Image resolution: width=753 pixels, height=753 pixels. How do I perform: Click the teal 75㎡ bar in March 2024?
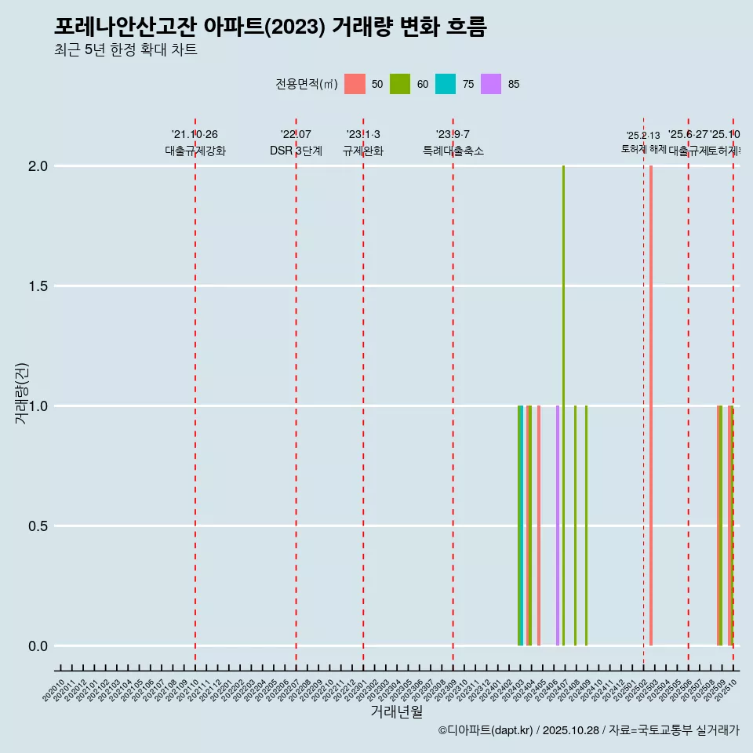tap(522, 526)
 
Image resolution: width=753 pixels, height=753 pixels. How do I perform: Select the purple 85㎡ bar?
tap(558, 526)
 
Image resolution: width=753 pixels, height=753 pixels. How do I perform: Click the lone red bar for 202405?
tap(539, 526)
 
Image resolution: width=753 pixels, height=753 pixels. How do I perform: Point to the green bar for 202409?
tap(586, 526)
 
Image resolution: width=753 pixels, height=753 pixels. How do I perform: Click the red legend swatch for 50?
tap(355, 84)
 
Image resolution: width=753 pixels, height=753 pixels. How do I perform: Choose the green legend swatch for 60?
tap(400, 84)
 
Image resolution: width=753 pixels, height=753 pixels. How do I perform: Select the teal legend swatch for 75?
tap(446, 84)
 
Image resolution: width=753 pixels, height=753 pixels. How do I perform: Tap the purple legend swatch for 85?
tap(491, 84)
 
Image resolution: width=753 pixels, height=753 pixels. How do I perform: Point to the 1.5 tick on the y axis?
tap(37, 286)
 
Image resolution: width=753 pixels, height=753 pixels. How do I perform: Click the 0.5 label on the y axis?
tap(37, 526)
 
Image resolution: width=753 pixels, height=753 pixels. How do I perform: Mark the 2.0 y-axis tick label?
tap(37, 166)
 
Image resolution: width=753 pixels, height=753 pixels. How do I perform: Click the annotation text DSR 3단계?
tap(296, 151)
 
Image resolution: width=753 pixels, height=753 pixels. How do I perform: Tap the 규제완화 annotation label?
tap(363, 151)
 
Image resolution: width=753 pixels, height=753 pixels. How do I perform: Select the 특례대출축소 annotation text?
tap(453, 151)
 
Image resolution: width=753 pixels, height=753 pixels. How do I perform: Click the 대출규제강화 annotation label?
tap(195, 151)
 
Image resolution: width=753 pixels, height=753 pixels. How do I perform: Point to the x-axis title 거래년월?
tap(396, 712)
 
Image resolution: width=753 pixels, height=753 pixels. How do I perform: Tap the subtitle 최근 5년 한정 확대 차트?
tap(125, 50)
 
